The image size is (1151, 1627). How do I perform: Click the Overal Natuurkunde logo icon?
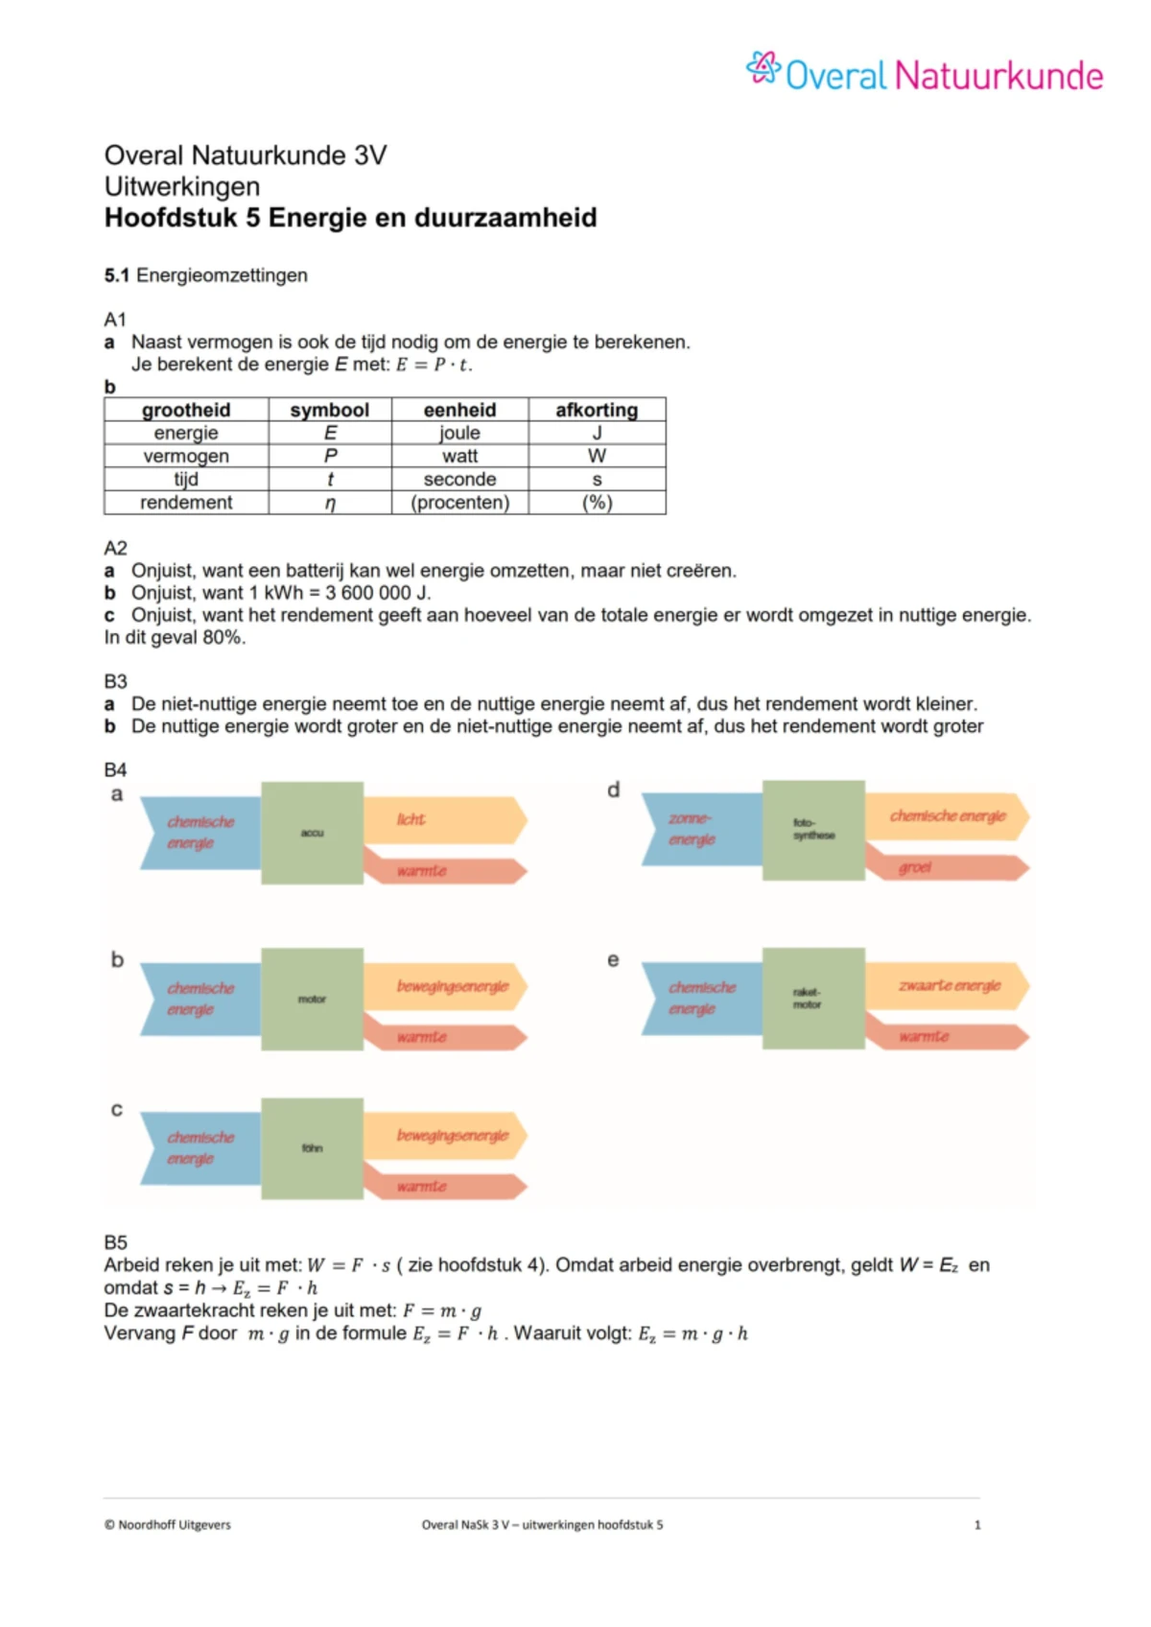click(x=763, y=68)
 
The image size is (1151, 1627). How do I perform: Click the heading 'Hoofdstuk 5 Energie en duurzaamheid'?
click(x=350, y=218)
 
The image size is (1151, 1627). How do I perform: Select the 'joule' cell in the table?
click(x=459, y=434)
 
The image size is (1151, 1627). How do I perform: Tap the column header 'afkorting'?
click(x=597, y=410)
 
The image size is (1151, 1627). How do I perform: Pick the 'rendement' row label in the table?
click(x=186, y=503)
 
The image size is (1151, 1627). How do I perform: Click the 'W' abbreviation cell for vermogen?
click(x=597, y=457)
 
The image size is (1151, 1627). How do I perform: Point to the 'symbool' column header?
click(x=329, y=410)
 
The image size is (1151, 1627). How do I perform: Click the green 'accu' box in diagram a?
click(x=312, y=833)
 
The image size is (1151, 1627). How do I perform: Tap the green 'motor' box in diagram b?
click(x=312, y=1000)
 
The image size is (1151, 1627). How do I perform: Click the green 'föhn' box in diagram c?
click(x=312, y=1148)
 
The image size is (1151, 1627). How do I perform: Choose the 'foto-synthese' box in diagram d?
click(x=813, y=830)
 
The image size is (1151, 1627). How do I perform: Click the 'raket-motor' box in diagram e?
click(x=813, y=998)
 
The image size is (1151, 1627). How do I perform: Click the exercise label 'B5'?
click(x=115, y=1242)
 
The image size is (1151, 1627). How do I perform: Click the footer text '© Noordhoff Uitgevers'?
click(x=168, y=1524)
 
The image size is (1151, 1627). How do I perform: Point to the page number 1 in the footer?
click(x=977, y=1524)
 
